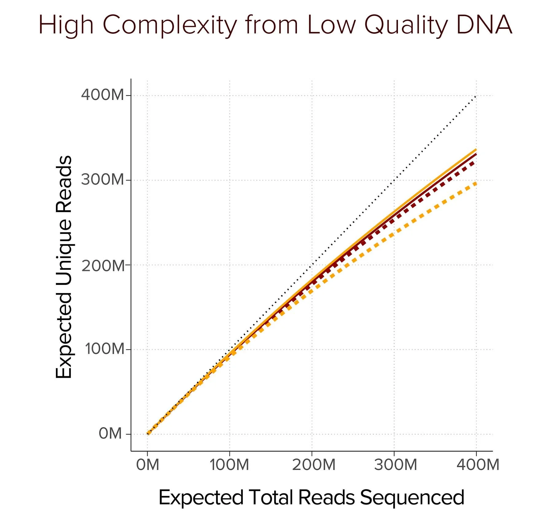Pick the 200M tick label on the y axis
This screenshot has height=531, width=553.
pos(103,265)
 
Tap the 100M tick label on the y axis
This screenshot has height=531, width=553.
pos(104,349)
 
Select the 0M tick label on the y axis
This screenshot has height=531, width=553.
pos(110,434)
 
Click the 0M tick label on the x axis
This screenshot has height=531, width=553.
pos(148,465)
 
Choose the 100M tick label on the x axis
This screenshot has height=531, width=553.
pos(229,465)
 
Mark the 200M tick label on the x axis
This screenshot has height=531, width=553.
pos(313,465)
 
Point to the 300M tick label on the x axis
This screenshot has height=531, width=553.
pos(395,465)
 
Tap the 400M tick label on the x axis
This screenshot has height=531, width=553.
pos(478,465)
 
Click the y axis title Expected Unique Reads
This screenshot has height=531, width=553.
pos(64,267)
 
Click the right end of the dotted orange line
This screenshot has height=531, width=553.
pos(476,183)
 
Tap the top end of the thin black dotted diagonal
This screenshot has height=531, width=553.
pos(476,96)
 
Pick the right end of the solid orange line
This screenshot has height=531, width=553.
pos(476,150)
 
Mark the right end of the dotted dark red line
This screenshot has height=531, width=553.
pos(475,162)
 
